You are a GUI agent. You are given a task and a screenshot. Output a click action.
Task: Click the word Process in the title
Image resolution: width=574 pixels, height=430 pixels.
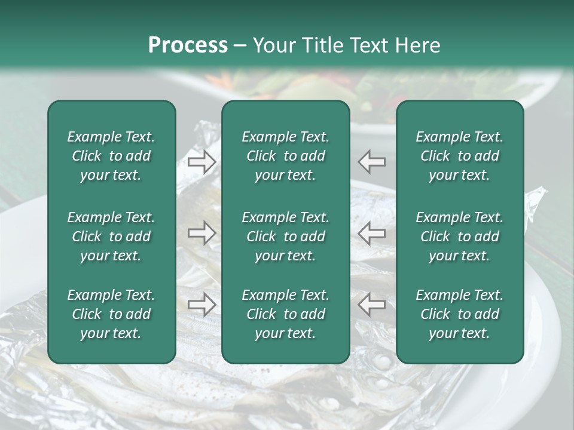click(x=188, y=45)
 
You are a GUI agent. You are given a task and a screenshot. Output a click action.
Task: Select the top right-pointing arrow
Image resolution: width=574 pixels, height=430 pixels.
click(x=202, y=161)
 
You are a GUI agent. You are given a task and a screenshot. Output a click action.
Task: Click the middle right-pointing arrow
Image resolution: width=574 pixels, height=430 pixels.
click(x=202, y=233)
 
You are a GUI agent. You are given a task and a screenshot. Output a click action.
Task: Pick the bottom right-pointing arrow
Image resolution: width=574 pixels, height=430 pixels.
click(x=202, y=305)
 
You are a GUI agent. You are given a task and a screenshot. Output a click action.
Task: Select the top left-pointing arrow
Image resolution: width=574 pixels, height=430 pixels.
click(x=372, y=161)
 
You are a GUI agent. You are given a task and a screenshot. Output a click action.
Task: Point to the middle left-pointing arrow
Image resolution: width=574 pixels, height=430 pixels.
click(x=372, y=233)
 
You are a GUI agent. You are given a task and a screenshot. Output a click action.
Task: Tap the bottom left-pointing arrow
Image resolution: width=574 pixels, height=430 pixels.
click(x=372, y=305)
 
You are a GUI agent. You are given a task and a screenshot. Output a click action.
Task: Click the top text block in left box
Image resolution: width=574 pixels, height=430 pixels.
click(x=111, y=156)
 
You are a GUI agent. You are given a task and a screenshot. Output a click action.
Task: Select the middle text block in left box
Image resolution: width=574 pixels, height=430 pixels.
click(x=111, y=236)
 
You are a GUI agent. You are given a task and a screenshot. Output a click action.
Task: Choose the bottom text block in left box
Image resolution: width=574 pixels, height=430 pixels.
click(x=111, y=314)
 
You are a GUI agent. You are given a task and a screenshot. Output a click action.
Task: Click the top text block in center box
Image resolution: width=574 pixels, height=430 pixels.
click(x=285, y=156)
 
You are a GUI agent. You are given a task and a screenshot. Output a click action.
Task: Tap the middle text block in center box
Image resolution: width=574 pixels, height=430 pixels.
click(x=285, y=236)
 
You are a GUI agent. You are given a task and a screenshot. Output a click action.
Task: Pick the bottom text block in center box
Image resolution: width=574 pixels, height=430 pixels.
click(x=285, y=314)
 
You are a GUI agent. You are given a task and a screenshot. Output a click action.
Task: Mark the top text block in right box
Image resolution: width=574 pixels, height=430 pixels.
click(x=459, y=156)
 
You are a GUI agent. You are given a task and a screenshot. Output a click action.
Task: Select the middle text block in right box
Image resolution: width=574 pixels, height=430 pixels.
click(x=459, y=236)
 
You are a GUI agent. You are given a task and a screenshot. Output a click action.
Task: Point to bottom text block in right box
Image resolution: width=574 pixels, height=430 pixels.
click(x=459, y=314)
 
